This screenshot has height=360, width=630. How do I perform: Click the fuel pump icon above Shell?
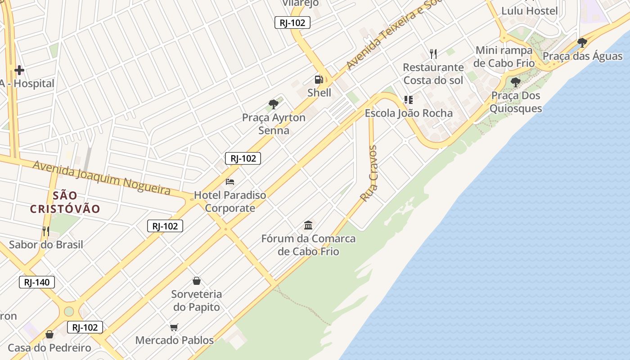[319, 80]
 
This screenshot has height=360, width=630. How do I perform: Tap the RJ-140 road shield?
[37, 283]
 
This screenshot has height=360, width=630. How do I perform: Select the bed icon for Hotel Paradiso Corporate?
[230, 182]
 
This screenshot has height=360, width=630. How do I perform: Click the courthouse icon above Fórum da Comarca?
[308, 225]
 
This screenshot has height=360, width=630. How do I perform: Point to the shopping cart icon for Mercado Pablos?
[174, 327]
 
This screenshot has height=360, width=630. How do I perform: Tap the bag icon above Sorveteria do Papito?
[197, 281]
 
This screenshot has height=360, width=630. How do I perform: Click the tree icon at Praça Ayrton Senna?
[273, 104]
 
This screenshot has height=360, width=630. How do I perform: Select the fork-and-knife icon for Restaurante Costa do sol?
[433, 54]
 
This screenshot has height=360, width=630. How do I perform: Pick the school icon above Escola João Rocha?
[408, 100]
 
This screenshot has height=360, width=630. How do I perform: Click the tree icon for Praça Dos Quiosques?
[515, 82]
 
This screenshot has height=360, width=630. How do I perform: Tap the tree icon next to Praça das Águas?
[582, 43]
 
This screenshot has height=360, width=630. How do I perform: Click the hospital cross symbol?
[19, 70]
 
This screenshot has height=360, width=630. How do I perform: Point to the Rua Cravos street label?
[369, 173]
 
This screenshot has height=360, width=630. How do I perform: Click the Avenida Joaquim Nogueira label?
[102, 177]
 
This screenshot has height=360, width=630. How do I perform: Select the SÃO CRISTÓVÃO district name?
[65, 202]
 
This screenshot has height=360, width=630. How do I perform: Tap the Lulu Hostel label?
[529, 11]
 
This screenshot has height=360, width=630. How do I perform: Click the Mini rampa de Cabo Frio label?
[504, 57]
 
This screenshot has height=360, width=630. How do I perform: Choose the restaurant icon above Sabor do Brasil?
[46, 231]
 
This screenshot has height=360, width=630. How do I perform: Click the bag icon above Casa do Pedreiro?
[49, 334]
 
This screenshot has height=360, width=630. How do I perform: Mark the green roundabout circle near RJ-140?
[69, 311]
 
